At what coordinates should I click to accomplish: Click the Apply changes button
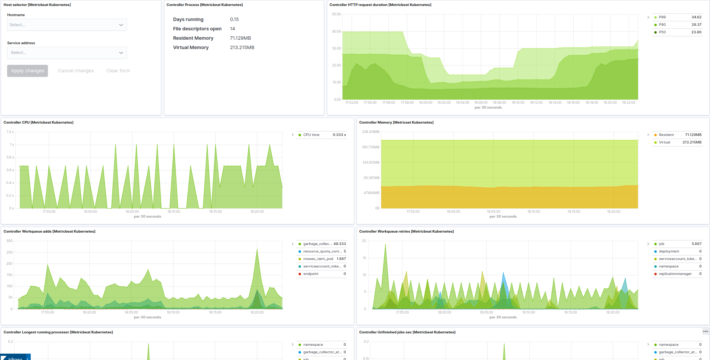click(27, 71)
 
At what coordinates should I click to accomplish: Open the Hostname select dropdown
click(67, 25)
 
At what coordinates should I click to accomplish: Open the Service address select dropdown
click(67, 53)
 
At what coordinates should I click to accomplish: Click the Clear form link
click(118, 71)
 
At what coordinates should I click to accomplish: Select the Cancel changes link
click(76, 71)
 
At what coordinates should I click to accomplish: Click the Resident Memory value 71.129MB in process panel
click(240, 38)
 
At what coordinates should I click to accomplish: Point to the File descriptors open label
click(197, 29)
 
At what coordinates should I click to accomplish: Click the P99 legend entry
click(662, 17)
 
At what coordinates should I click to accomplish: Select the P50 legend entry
click(662, 32)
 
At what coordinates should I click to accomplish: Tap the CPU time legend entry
click(311, 135)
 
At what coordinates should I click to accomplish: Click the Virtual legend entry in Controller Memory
click(664, 142)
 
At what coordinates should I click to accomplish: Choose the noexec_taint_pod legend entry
click(318, 259)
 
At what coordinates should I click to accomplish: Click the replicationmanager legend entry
click(675, 274)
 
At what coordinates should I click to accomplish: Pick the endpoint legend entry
click(310, 274)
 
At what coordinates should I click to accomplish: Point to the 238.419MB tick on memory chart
click(370, 132)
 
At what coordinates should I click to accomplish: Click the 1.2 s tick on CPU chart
click(10, 132)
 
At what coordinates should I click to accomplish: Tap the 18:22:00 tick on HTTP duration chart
click(628, 103)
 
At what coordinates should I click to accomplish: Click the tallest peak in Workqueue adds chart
click(257, 250)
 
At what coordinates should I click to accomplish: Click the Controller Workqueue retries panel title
click(406, 232)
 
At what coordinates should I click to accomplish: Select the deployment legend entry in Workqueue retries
click(669, 251)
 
